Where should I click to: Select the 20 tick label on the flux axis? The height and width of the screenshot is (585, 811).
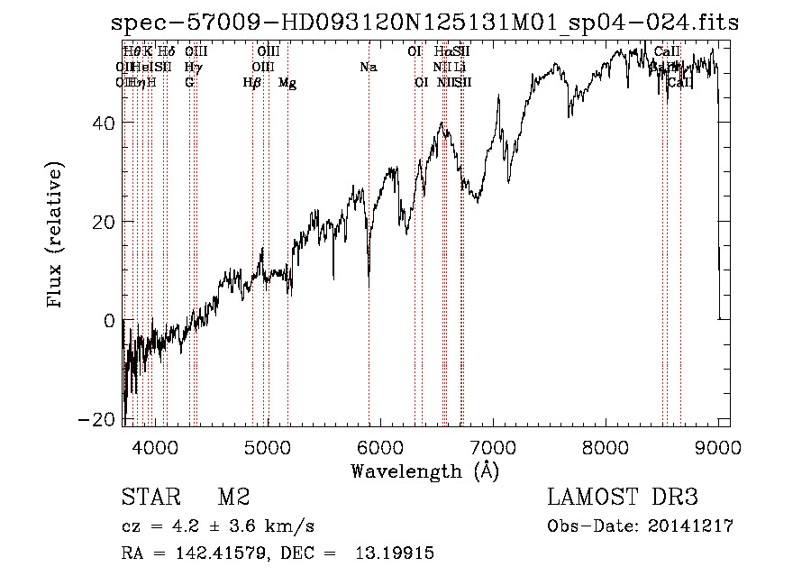pos(103,222)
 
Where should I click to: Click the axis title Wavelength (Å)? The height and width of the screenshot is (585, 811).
pos(424,470)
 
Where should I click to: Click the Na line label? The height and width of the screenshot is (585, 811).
pos(368,67)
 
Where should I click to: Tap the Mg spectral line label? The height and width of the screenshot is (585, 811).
pos(287,83)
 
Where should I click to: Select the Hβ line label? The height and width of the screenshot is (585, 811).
pos(252,83)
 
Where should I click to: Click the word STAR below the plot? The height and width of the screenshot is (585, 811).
pos(150,498)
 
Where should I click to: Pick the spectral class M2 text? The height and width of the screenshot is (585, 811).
pos(233,498)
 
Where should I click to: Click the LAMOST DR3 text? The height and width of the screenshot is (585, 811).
pos(623,498)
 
